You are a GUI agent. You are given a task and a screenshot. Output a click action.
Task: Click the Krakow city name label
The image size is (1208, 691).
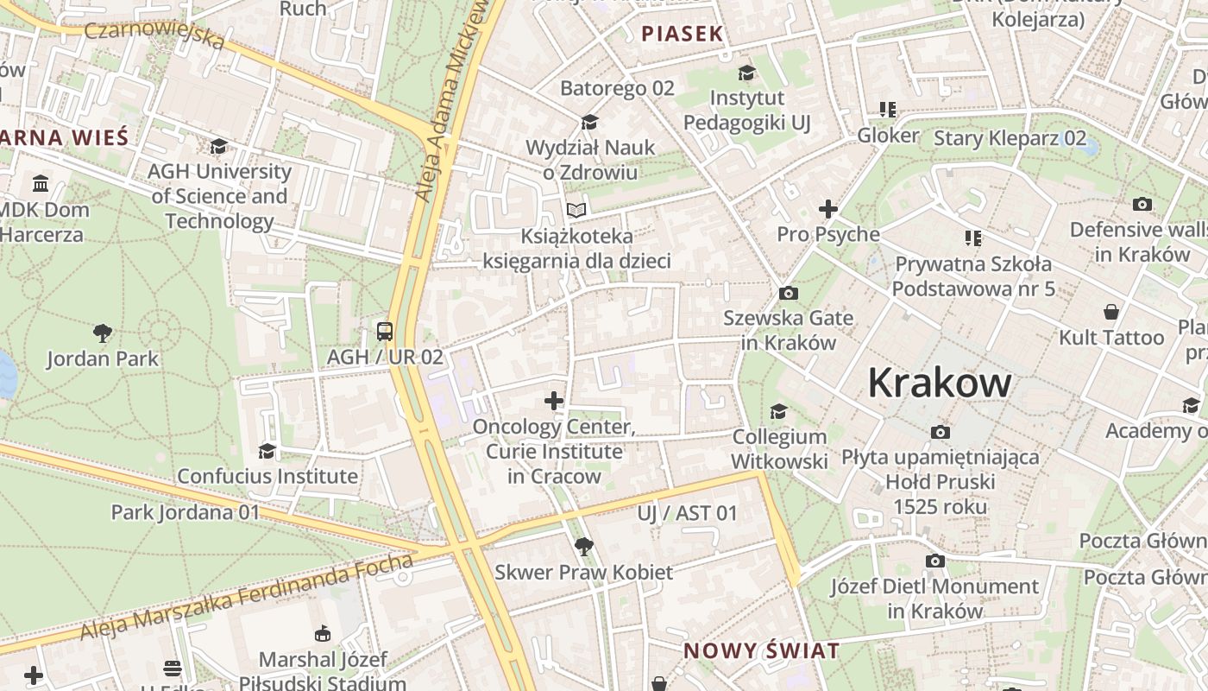pyautogui.click(x=939, y=383)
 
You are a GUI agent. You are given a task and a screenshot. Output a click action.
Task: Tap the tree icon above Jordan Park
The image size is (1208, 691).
pyautogui.click(x=103, y=333)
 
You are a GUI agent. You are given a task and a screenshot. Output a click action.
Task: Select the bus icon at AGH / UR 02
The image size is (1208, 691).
pyautogui.click(x=385, y=331)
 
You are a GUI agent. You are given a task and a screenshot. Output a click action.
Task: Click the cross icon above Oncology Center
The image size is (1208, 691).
pyautogui.click(x=554, y=401)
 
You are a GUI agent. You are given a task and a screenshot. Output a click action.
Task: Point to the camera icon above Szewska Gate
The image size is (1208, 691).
pyautogui.click(x=788, y=294)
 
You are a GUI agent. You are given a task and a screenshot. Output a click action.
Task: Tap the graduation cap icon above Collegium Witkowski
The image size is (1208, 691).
pyautogui.click(x=778, y=411)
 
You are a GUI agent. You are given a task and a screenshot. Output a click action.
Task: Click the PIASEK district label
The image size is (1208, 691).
pyautogui.click(x=682, y=35)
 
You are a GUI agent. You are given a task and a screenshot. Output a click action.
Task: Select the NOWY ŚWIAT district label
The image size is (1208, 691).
pyautogui.click(x=761, y=650)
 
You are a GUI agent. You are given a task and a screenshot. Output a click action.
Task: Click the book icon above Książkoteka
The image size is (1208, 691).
pyautogui.click(x=576, y=210)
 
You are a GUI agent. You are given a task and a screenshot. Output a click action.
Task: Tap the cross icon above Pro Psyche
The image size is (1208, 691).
pyautogui.click(x=828, y=209)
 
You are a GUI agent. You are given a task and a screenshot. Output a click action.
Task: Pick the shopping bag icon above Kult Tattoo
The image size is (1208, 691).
pyautogui.click(x=1111, y=312)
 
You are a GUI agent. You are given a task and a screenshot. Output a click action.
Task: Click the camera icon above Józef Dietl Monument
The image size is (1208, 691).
pyautogui.click(x=934, y=561)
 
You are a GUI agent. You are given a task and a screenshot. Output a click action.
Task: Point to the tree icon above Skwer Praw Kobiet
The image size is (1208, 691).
pyautogui.click(x=583, y=546)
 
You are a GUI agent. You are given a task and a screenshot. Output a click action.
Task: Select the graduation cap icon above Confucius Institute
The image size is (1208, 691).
pyautogui.click(x=267, y=451)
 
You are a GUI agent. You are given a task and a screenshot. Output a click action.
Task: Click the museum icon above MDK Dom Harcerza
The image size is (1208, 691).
pyautogui.click(x=41, y=183)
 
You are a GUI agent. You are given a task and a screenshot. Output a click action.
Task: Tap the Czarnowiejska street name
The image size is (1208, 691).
pyautogui.click(x=155, y=35)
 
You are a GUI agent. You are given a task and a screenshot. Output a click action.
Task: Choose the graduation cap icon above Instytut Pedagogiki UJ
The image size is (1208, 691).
pyautogui.click(x=746, y=73)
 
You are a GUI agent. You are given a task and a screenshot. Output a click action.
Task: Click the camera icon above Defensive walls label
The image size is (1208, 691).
pyautogui.click(x=1142, y=205)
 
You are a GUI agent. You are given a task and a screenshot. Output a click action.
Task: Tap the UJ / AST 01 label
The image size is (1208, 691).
pyautogui.click(x=688, y=513)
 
